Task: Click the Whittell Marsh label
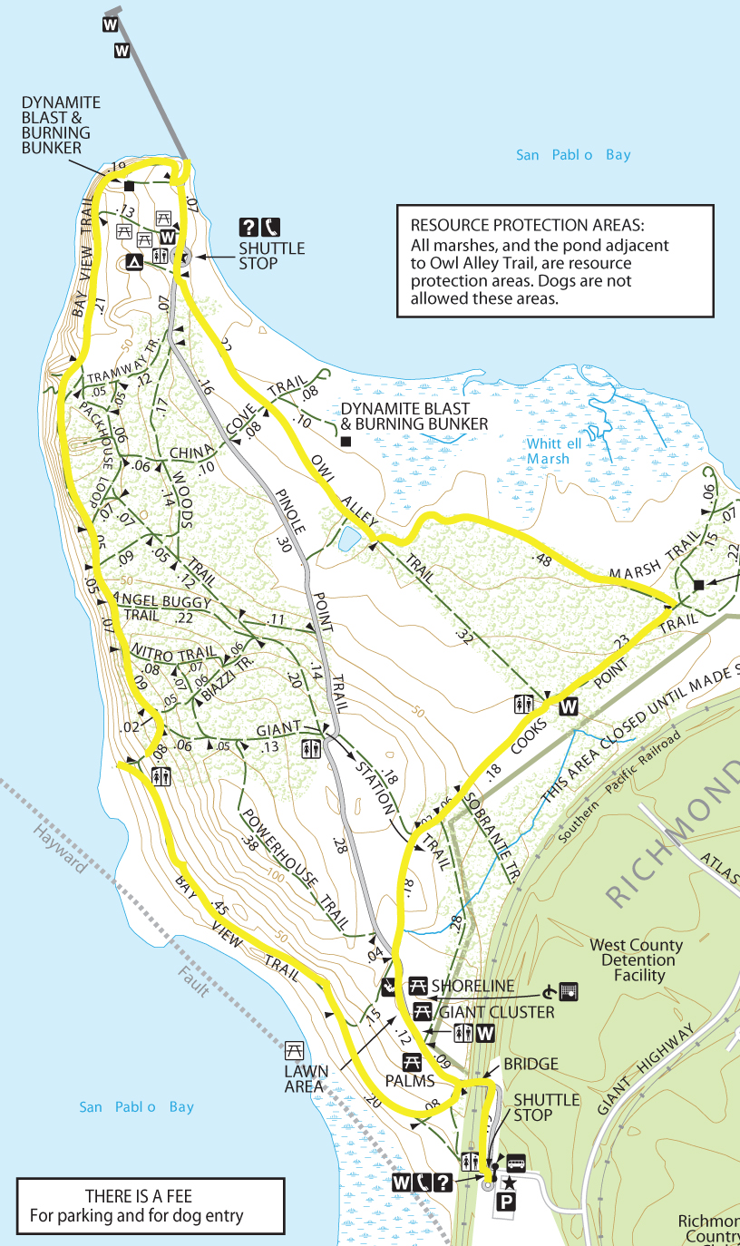(x=550, y=451)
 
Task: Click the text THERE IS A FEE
(x=139, y=1196)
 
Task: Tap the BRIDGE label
(x=531, y=1064)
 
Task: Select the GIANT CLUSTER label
(x=496, y=1012)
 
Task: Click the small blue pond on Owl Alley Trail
(x=349, y=541)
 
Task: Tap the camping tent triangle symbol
(x=134, y=263)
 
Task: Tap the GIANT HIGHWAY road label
(x=646, y=1068)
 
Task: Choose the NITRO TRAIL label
(x=173, y=652)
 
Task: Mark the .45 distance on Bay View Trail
(x=219, y=906)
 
